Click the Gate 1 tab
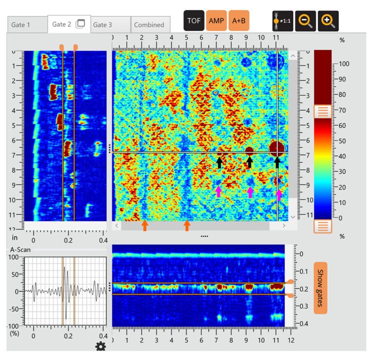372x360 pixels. click(x=21, y=25)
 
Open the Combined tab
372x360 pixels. click(x=149, y=25)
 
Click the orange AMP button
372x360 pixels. click(x=216, y=21)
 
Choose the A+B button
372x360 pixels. click(x=239, y=21)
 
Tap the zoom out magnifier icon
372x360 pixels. click(x=306, y=21)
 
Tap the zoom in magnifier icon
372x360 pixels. click(x=328, y=21)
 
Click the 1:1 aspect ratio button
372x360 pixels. click(x=283, y=21)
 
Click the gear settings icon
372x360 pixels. click(x=101, y=346)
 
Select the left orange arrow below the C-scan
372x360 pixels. click(x=144, y=225)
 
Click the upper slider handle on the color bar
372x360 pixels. click(x=323, y=111)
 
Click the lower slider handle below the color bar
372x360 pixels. click(x=323, y=225)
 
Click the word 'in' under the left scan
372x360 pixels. click(x=15, y=238)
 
